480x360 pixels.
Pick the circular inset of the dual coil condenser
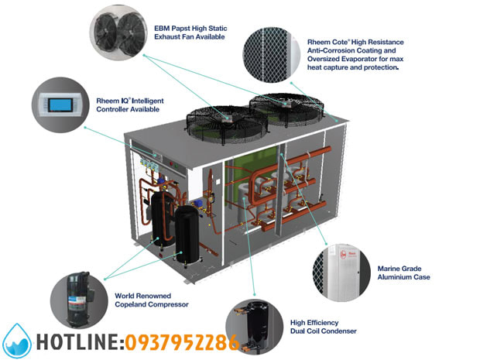point(255,325)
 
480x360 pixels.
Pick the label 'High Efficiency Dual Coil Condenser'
point(323,326)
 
